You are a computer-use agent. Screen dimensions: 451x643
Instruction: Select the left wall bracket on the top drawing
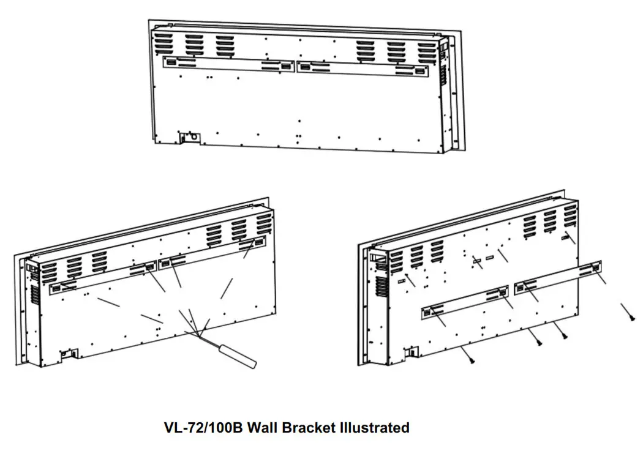pyautogui.click(x=228, y=64)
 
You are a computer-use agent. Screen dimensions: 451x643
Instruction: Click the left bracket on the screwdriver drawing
pyautogui.click(x=102, y=278)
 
